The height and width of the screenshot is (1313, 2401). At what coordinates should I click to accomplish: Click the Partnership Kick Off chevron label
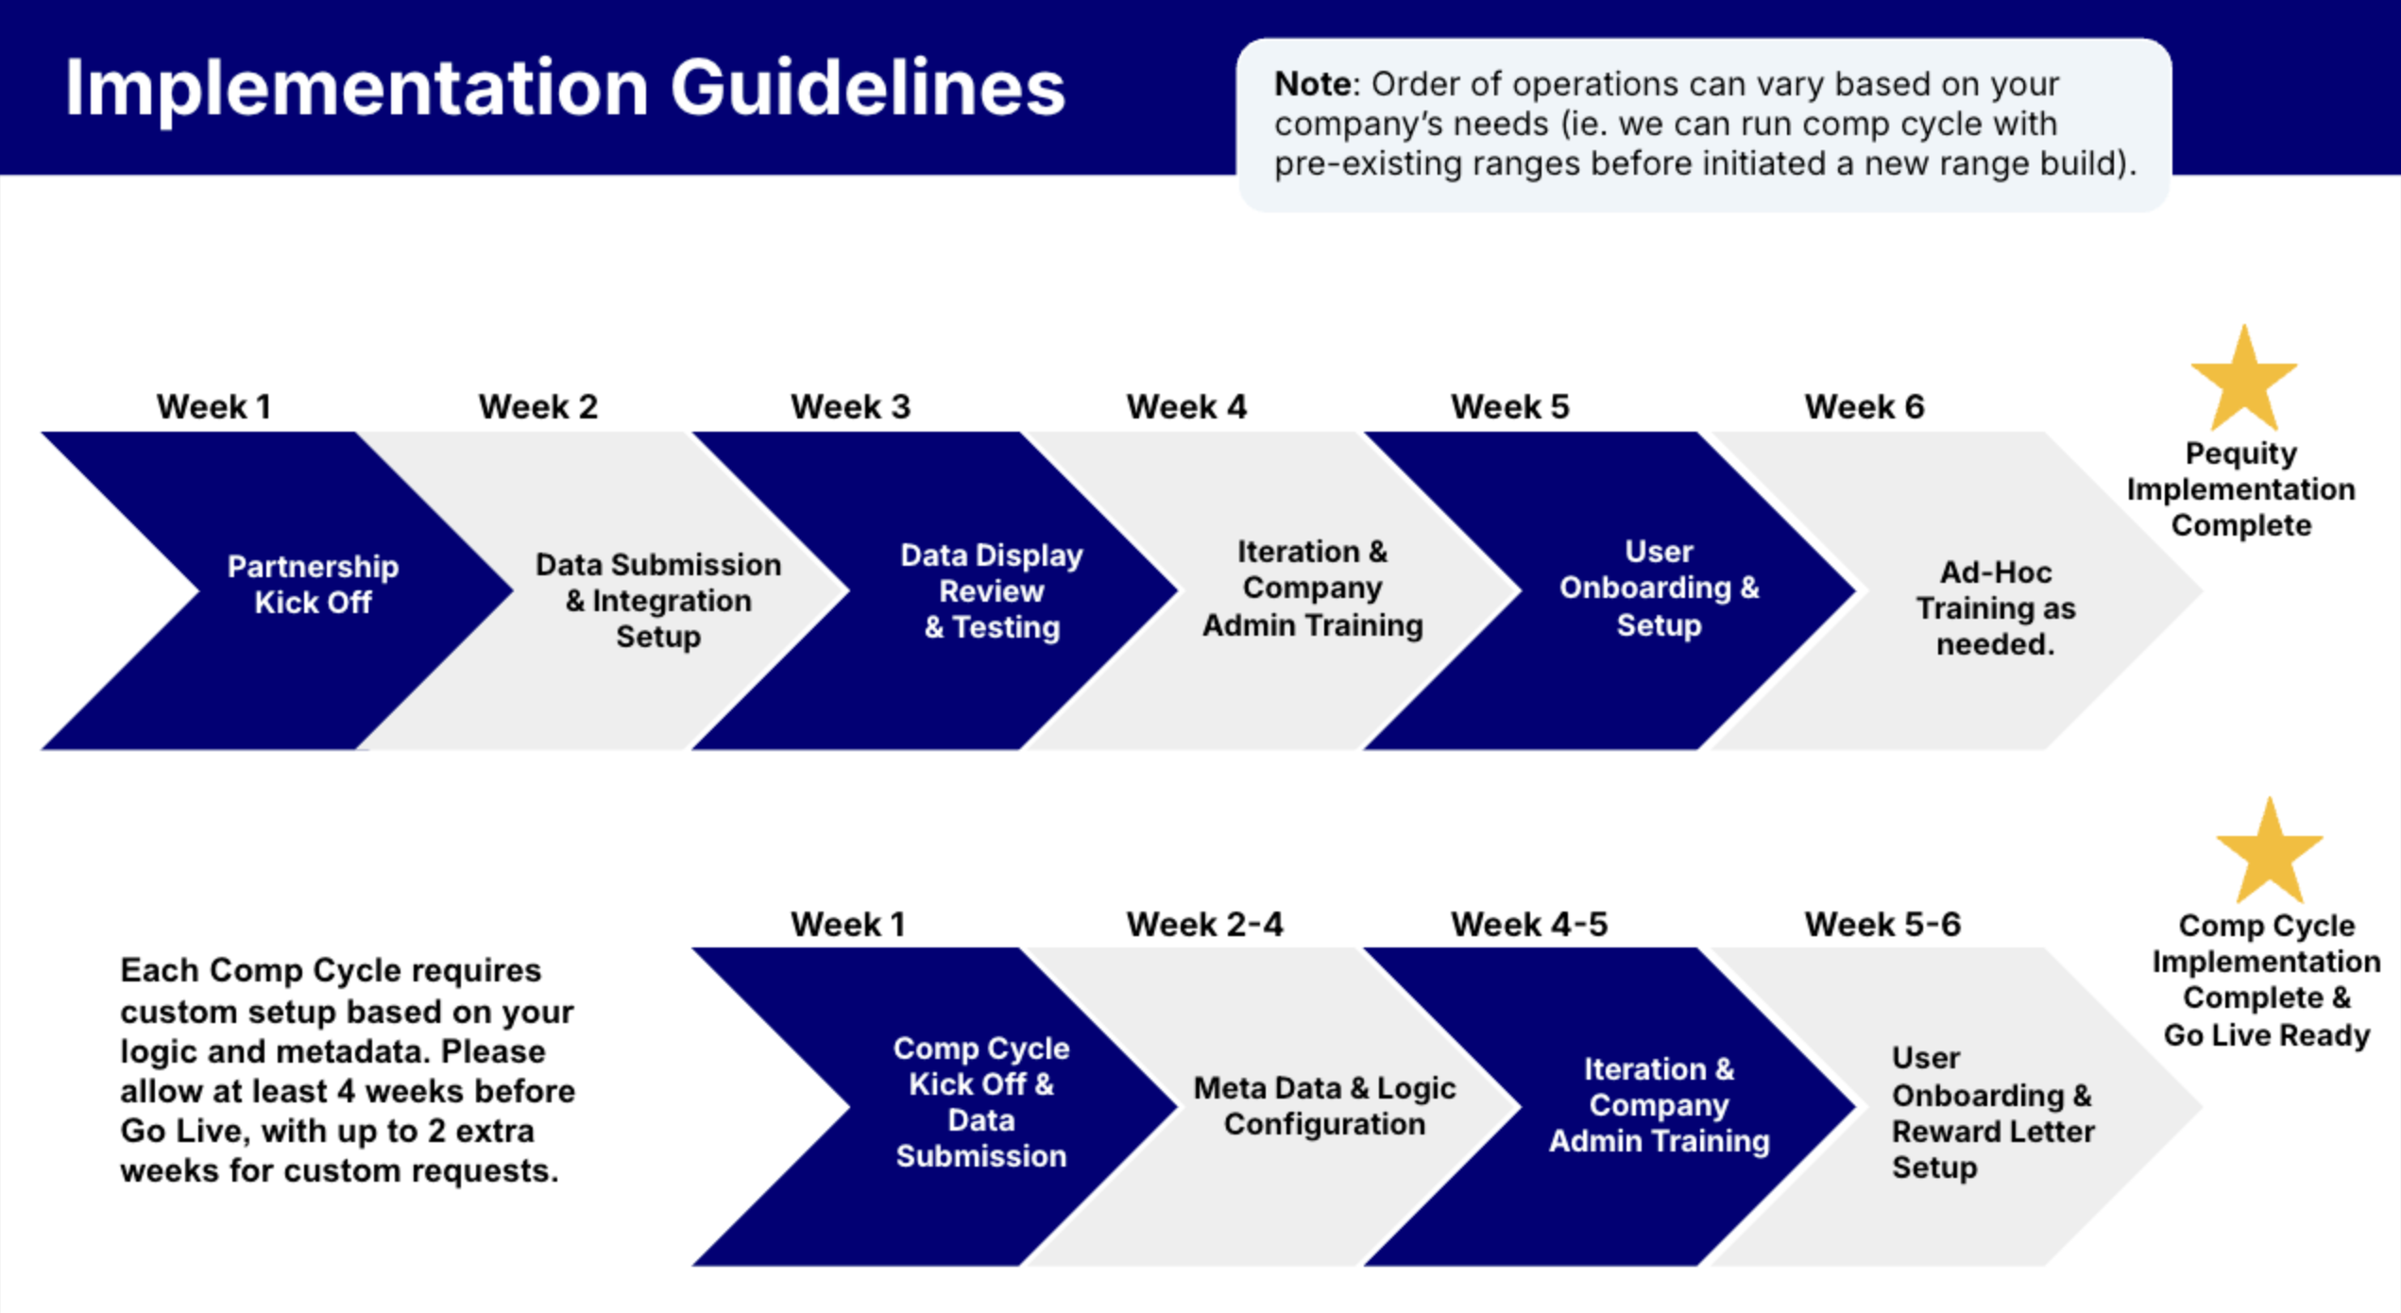pos(313,584)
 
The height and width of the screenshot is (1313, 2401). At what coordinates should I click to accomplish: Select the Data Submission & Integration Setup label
pos(658,600)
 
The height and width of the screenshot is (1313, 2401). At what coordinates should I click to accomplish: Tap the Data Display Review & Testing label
pos(992,590)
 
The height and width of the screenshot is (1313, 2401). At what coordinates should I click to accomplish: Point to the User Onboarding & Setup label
pos(1660,588)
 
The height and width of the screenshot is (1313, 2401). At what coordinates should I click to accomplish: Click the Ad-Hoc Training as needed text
pos(1996,607)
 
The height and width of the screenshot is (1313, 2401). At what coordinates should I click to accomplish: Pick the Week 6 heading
pos(1865,406)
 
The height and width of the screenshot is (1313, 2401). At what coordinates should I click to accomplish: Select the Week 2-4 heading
pos(1204,924)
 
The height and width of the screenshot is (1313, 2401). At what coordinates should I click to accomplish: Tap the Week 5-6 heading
pos(1882,924)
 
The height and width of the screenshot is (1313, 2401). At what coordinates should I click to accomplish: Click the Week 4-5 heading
pos(1529,924)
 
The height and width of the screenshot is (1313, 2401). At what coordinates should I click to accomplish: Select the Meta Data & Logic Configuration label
pos(1324,1105)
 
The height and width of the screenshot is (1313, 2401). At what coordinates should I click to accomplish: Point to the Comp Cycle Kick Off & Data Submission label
pos(981,1101)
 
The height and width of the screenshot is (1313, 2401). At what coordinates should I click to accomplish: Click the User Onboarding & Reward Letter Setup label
pos(1993,1113)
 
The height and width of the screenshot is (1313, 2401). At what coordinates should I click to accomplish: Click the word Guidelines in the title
pos(868,88)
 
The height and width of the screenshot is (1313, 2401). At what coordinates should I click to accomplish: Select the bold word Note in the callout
pos(1314,84)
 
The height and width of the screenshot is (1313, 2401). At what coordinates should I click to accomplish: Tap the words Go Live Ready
pos(2267,1035)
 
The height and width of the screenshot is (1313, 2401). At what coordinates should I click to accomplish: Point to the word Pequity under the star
pos(2240,453)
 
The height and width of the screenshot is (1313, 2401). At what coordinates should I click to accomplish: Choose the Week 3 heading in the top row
pos(850,406)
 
